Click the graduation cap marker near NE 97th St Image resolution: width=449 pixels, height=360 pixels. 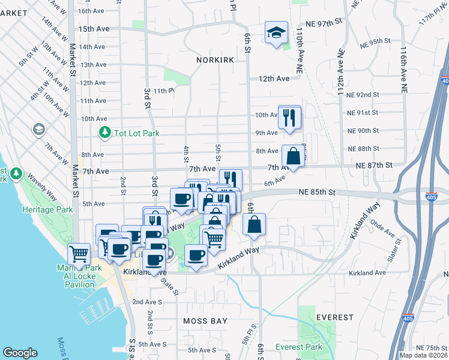coord(277,32)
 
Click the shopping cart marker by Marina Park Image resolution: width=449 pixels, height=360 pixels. coord(79,254)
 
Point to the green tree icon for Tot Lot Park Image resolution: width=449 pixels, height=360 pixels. coord(105,133)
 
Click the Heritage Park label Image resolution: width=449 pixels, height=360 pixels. coord(47,209)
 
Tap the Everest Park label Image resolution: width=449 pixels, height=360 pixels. coord(298,347)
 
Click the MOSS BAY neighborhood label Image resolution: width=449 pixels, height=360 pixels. coord(205,321)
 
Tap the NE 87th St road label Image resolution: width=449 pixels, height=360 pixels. coord(373,165)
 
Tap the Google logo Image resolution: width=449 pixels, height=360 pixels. coord(20,353)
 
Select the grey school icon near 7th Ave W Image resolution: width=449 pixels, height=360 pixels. coord(39,130)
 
